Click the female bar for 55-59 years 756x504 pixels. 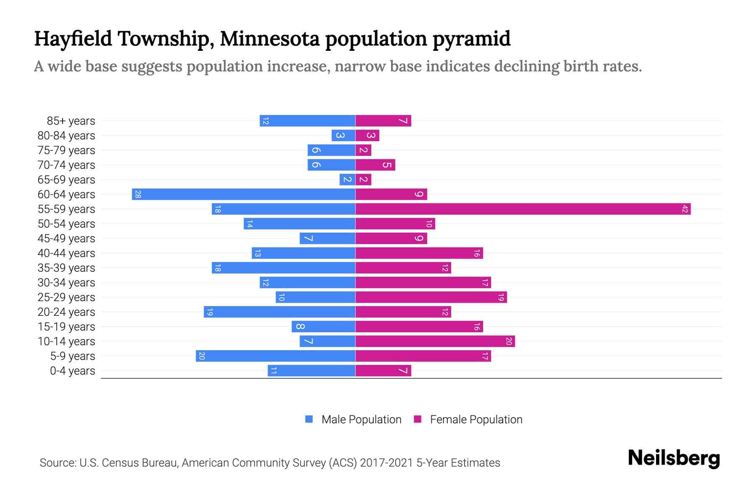[523, 209]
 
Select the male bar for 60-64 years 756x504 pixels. [244, 194]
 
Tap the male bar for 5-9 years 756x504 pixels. [276, 356]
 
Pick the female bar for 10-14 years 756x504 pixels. [435, 341]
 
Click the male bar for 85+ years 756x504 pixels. [307, 121]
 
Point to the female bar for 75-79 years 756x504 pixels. [364, 150]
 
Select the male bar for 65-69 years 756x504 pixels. [347, 179]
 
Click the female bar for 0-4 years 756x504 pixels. [383, 370]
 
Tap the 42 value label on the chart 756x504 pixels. [685, 209]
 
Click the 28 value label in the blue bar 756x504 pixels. [138, 194]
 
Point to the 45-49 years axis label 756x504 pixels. [66, 238]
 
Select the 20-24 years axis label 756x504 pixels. [66, 312]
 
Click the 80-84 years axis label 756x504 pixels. [66, 135]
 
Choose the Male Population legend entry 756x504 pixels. [361, 419]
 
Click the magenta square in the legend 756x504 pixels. [417, 419]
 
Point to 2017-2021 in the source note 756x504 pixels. [386, 462]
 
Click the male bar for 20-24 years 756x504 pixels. [279, 312]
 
